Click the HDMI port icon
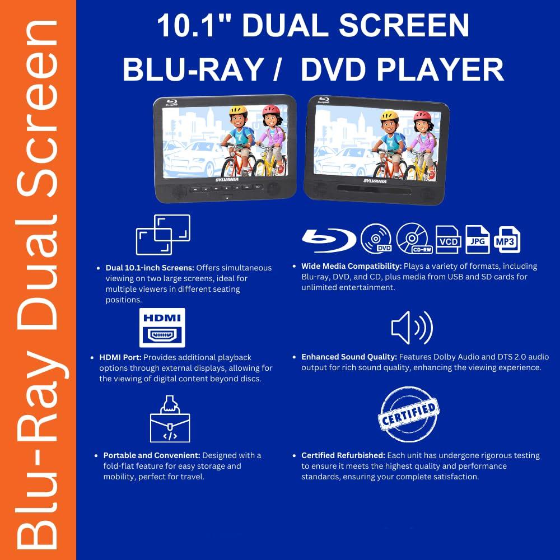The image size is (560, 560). pyautogui.click(x=162, y=328)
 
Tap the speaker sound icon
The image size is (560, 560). pyautogui.click(x=412, y=328)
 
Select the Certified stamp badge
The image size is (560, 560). pyautogui.click(x=409, y=415)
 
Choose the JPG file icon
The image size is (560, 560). pyautogui.click(x=478, y=240)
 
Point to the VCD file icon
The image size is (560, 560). pyautogui.click(x=447, y=240)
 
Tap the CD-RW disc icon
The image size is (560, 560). pyautogui.click(x=413, y=239)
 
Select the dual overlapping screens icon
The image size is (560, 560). pyautogui.click(x=163, y=234)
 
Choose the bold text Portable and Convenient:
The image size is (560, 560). pyautogui.click(x=152, y=455)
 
